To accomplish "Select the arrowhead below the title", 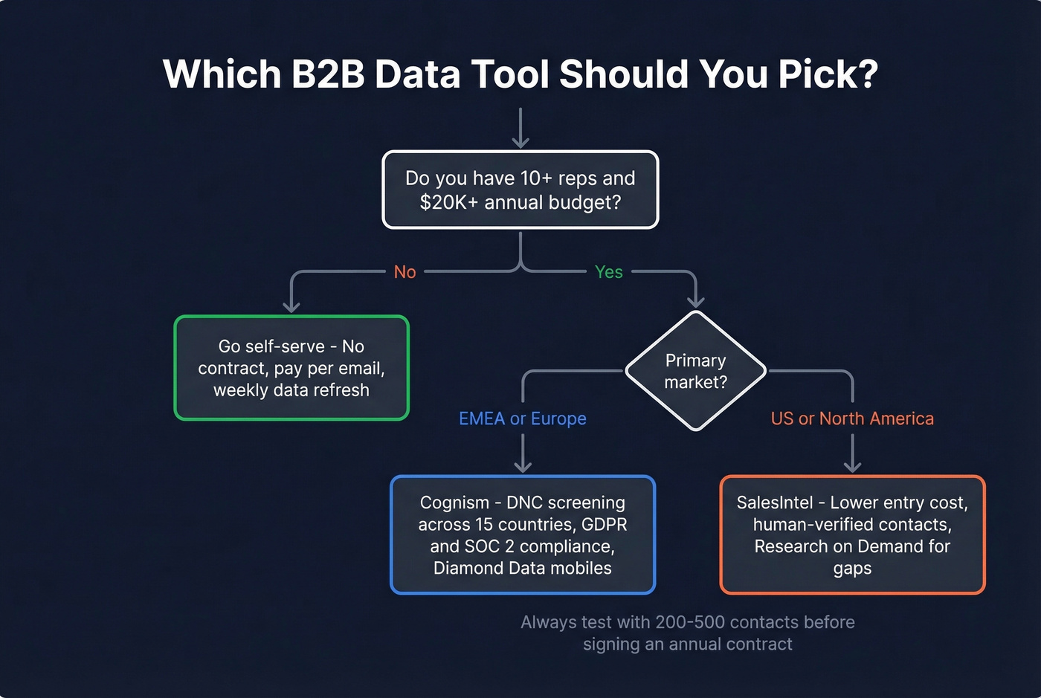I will pos(520,140).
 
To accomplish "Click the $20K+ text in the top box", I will pos(449,202).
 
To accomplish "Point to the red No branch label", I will pos(405,272).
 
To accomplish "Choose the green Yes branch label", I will pos(608,272).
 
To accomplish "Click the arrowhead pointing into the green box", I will pos(291,305).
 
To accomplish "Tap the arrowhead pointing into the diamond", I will pos(695,300).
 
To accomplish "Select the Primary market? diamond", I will pos(695,371).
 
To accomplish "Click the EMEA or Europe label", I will pos(522,419).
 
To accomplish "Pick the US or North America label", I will pos(852,419).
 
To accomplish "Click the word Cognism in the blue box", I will pos(454,503).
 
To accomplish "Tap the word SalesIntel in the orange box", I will pos(774,503).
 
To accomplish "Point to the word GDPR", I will pos(604,525).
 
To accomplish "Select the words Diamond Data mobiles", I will pos(522,569).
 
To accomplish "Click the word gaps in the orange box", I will pos(852,569).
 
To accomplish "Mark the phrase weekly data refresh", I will pos(291,390).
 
